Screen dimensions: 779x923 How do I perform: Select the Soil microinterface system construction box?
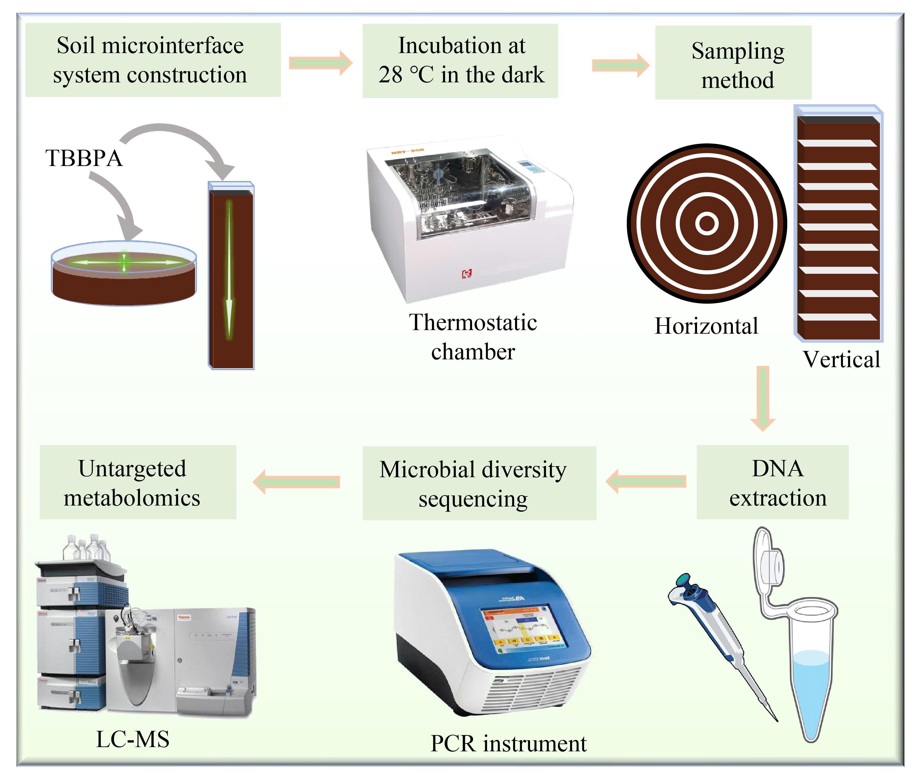coord(153,60)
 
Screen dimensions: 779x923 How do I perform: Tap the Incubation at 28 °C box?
coord(460,61)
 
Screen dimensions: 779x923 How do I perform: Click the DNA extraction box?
coord(772,482)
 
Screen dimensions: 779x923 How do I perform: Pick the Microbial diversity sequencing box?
coord(479,483)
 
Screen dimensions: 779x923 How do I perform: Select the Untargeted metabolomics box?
coord(138,482)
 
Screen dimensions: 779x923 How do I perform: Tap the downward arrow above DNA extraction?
coord(763,397)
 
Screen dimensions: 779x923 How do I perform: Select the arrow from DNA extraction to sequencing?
coord(646,481)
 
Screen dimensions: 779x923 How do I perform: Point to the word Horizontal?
coord(706,326)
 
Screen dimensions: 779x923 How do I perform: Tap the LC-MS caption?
coord(133,739)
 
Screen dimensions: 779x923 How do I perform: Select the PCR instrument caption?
coord(508,744)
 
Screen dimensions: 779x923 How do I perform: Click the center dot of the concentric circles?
coord(706,223)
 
